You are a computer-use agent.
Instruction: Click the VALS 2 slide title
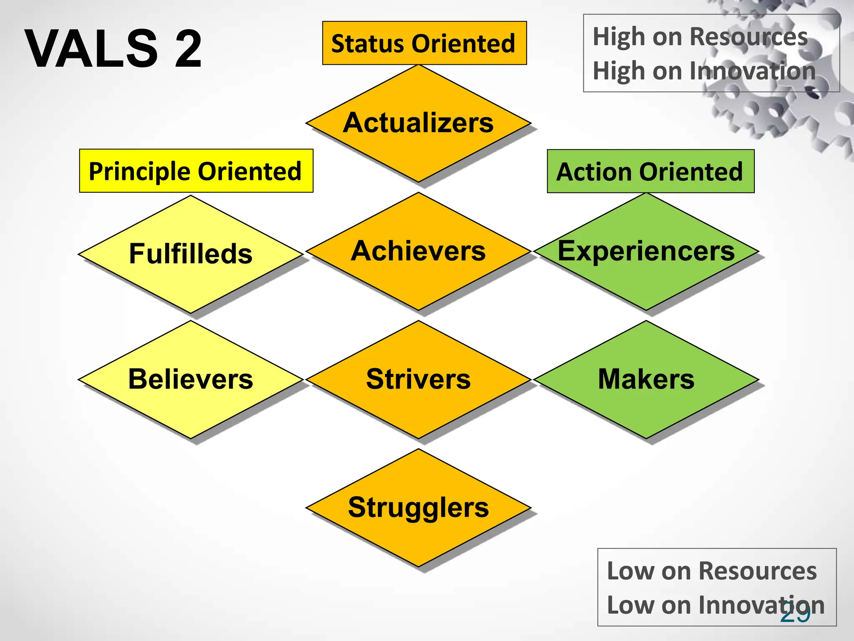click(x=113, y=48)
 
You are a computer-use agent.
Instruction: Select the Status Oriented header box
click(x=424, y=43)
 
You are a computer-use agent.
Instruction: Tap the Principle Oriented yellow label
click(x=196, y=171)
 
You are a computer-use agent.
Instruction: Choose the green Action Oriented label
click(x=651, y=172)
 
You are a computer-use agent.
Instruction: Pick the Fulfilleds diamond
click(x=191, y=254)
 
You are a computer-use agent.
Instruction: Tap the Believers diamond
click(x=191, y=379)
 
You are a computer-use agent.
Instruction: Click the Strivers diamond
click(x=418, y=379)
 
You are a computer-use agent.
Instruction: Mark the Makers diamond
click(x=646, y=379)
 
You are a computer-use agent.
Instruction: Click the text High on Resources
click(x=700, y=37)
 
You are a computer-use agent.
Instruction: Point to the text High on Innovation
click(x=704, y=71)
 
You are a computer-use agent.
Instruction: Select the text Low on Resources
click(x=711, y=571)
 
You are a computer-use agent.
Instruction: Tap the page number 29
click(x=795, y=613)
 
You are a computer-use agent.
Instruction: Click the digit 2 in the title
click(x=188, y=48)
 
